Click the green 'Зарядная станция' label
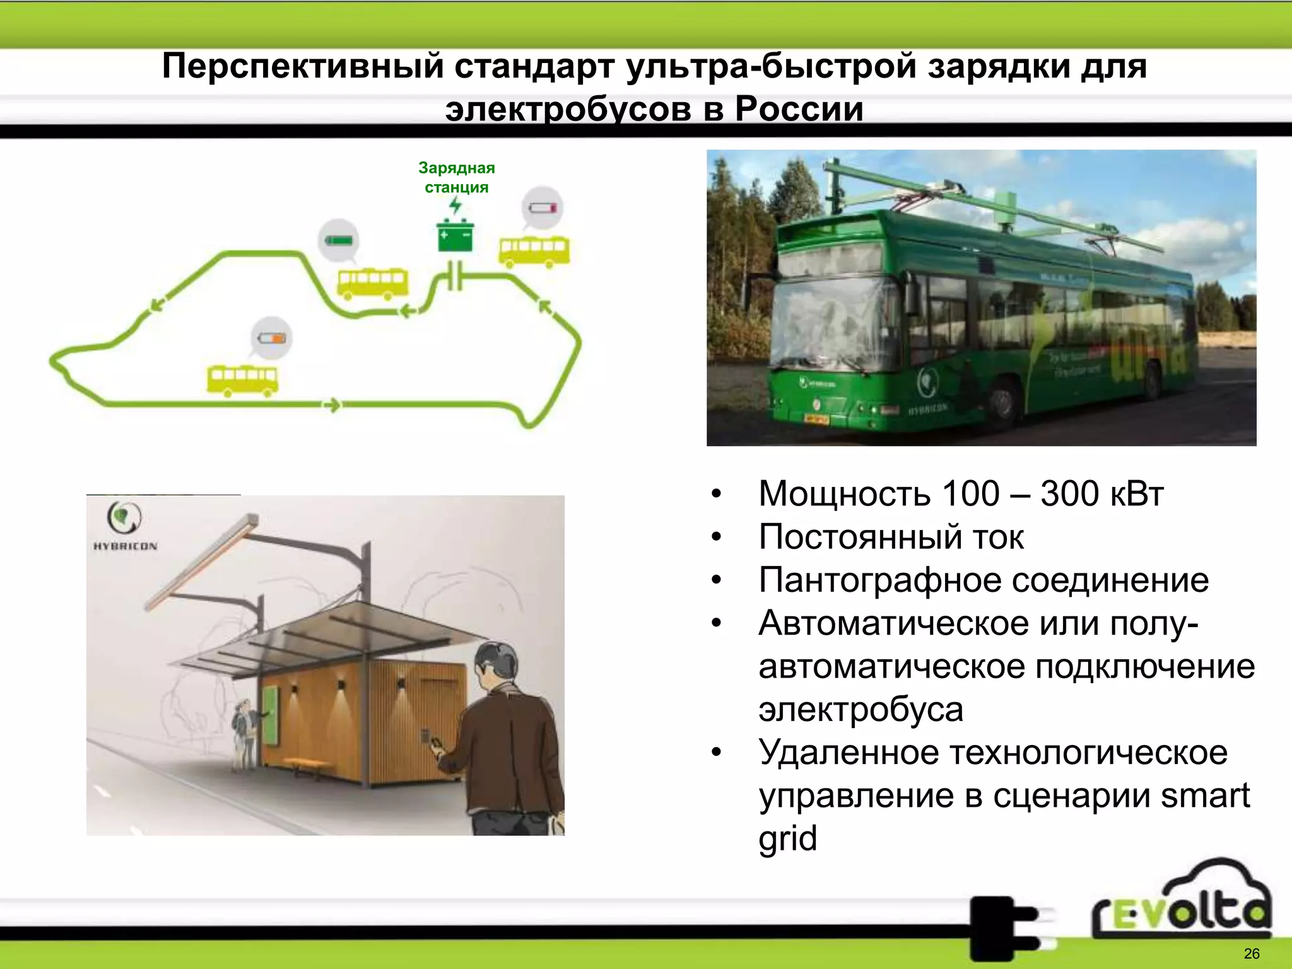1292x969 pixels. tap(456, 177)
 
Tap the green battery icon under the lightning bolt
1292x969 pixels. tap(455, 236)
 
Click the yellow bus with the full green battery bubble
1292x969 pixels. tap(373, 283)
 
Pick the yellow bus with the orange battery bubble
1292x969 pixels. tap(242, 380)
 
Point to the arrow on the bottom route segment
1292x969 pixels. tap(332, 404)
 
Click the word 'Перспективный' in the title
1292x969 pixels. tap(303, 66)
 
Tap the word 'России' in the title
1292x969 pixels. tap(799, 109)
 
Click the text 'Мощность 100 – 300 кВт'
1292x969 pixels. tap(960, 493)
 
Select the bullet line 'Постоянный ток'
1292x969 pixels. tap(891, 537)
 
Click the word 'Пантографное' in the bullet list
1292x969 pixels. tap(880, 580)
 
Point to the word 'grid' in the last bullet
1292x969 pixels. tap(787, 838)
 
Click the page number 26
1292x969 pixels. tap(1252, 953)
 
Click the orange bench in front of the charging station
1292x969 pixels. tap(308, 764)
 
